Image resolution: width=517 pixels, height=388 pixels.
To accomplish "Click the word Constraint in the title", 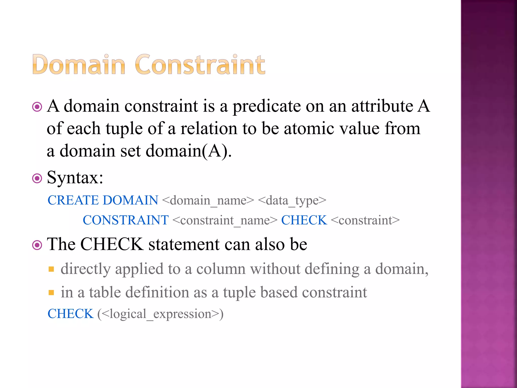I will (200, 65).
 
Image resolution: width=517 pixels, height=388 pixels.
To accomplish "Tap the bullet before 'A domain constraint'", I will (37, 107).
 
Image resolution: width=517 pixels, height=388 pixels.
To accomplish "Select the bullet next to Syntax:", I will (37, 179).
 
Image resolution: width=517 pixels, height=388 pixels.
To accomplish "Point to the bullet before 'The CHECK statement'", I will (37, 245).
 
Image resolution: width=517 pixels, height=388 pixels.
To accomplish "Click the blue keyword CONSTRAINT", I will (126, 220).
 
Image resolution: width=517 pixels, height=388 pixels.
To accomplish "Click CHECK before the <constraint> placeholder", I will (304, 220).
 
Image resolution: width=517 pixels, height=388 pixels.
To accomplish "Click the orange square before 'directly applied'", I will (51, 269).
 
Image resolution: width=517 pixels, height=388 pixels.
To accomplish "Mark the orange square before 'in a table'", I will (51, 293).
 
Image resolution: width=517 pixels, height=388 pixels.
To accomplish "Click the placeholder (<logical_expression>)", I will (161, 314).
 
